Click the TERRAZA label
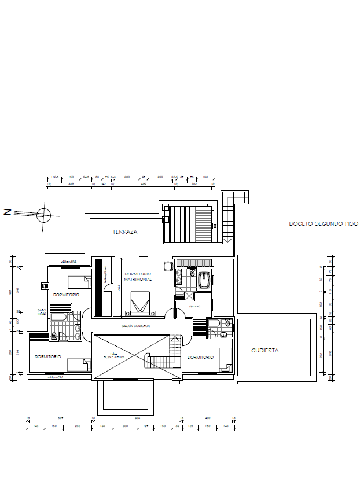[x=125, y=231]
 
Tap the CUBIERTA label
[x=265, y=350]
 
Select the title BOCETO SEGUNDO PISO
[x=324, y=223]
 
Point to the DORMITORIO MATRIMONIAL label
[x=138, y=276]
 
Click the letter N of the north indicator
[x=8, y=212]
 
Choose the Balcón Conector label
[x=135, y=326]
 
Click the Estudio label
[x=194, y=306]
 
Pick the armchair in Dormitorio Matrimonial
[x=168, y=266]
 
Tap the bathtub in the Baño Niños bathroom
[x=60, y=318]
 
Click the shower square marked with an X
[x=189, y=295]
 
